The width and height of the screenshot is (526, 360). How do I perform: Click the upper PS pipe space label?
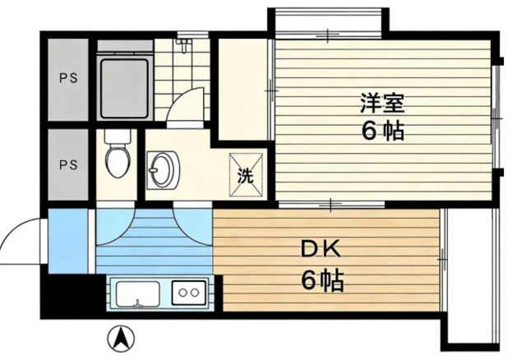(x=67, y=80)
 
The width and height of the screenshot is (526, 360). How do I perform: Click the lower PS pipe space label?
(x=67, y=164)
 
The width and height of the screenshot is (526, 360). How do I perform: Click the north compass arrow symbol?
(x=122, y=337)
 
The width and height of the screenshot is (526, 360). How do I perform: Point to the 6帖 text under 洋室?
(x=383, y=132)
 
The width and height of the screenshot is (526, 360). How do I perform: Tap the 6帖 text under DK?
(x=321, y=281)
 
